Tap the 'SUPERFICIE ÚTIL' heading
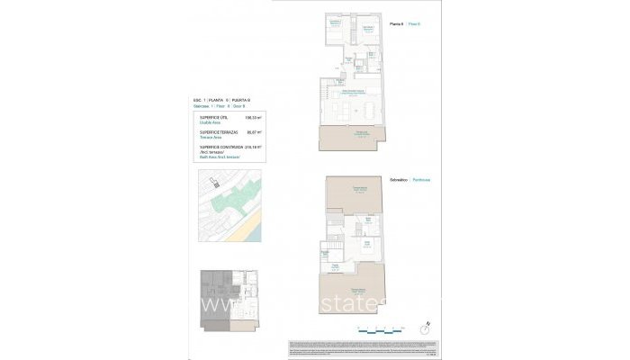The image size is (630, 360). tap(212, 117)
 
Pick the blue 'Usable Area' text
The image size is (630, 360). tap(209, 122)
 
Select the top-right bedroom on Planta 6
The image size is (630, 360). tap(366, 30)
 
